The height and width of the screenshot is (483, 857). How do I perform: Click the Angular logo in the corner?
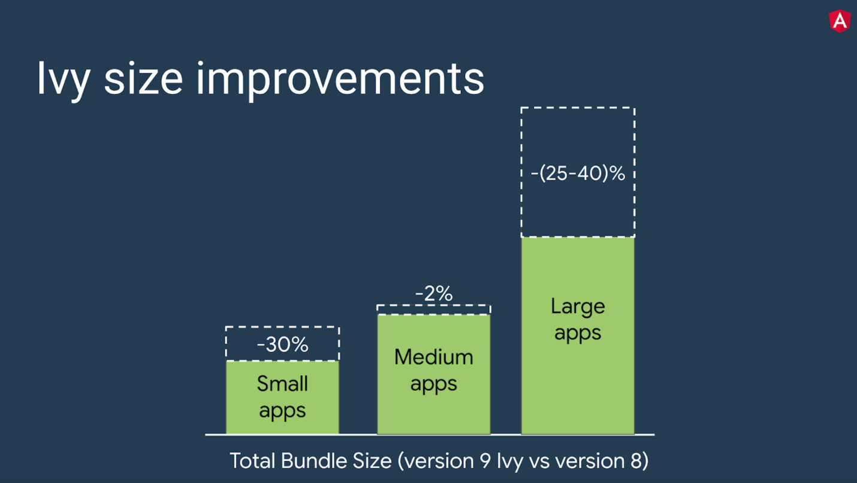coord(840,21)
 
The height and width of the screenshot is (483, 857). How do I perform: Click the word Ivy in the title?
coord(63,78)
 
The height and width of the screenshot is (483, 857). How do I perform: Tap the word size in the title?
coord(143,78)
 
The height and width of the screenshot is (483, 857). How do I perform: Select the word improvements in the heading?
coord(340,78)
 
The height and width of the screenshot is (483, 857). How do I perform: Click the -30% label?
coord(282,345)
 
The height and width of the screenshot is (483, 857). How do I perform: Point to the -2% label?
coord(434,294)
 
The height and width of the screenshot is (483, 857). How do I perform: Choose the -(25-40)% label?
coord(578,174)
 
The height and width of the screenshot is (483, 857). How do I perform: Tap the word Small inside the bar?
coord(282,384)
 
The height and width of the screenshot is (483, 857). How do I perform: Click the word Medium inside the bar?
coord(434,357)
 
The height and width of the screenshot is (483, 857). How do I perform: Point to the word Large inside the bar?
coord(578,306)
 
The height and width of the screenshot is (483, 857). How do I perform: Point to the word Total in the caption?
coord(252,461)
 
